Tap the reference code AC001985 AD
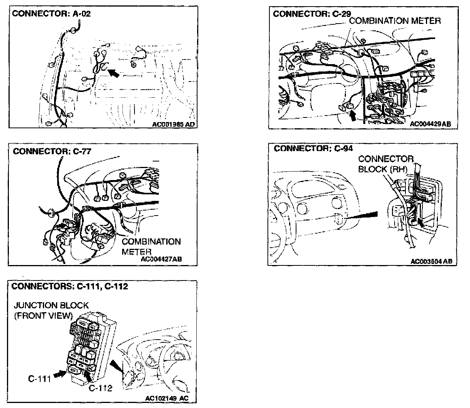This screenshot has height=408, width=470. click(x=174, y=124)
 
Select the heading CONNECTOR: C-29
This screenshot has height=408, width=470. click(x=312, y=14)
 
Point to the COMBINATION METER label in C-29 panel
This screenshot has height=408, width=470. click(x=395, y=21)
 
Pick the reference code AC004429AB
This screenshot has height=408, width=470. click(x=430, y=124)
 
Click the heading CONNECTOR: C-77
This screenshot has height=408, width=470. click(x=52, y=151)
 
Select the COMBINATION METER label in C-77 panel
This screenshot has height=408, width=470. click(x=151, y=246)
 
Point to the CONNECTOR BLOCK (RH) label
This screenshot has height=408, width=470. click(x=385, y=164)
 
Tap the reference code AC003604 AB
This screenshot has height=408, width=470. click(x=431, y=262)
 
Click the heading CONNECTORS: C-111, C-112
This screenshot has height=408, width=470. click(x=70, y=286)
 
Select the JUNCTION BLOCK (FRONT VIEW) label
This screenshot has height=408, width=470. click(x=51, y=310)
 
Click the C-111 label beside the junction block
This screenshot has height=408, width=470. click(x=39, y=379)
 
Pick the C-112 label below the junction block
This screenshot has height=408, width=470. click(x=100, y=388)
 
